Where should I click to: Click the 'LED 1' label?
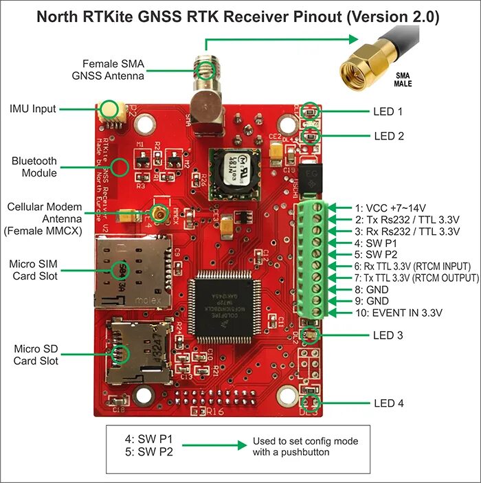point(389,111)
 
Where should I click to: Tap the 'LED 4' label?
point(389,403)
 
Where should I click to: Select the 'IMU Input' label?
point(33,109)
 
